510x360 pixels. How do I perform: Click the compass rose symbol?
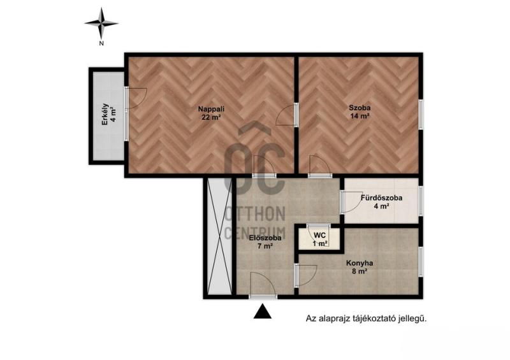[x=101, y=23]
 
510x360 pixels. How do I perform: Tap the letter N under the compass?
[x=101, y=43]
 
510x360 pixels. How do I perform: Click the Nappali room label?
[x=212, y=109]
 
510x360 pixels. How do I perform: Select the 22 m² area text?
[x=212, y=117]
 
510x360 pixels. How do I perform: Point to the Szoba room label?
[x=360, y=108]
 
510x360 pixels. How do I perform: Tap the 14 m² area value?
[x=360, y=116]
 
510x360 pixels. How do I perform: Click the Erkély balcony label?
[x=105, y=114]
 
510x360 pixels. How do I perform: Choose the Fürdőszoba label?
[x=381, y=198]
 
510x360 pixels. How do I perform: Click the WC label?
[x=320, y=235]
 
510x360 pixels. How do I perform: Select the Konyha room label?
[x=360, y=263]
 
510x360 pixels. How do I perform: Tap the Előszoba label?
[x=265, y=238]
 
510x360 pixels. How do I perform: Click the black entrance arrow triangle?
[x=263, y=311]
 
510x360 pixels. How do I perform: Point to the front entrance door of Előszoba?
[x=263, y=285]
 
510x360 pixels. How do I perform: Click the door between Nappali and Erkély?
[x=136, y=98]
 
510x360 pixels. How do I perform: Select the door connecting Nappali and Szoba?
[x=287, y=115]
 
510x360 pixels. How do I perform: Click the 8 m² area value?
[x=360, y=271]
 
